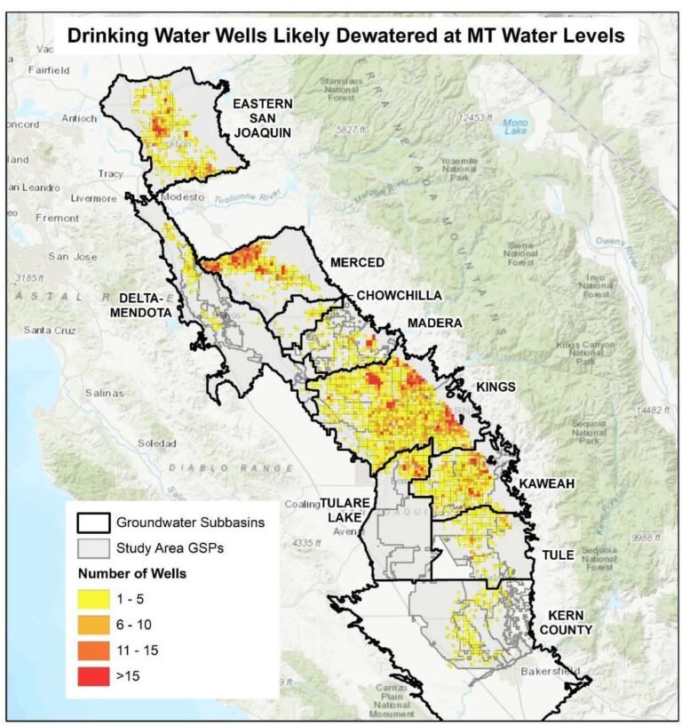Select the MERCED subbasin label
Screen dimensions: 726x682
(356, 263)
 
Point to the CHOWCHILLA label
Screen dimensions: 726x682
(399, 295)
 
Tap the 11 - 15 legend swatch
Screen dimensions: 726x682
(91, 650)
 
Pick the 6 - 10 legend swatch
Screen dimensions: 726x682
(91, 626)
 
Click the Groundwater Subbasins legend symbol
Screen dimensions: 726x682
(91, 523)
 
